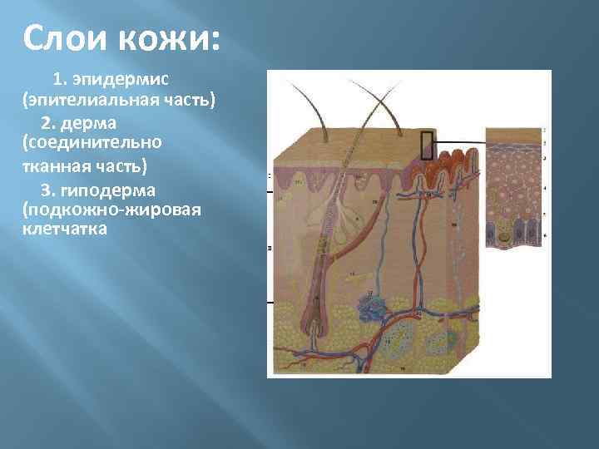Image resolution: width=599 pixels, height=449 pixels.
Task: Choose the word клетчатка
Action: (x=65, y=228)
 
